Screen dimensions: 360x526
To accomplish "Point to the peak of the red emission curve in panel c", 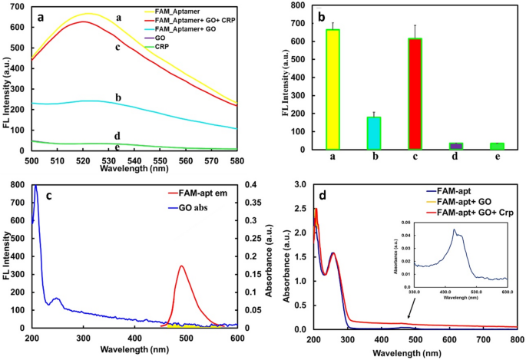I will pyautogui.click(x=181, y=266).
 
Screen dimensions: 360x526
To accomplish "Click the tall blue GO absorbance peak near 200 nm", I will pyautogui.click(x=35, y=187).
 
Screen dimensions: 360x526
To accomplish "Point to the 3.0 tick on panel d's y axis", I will pyautogui.click(x=297, y=185).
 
